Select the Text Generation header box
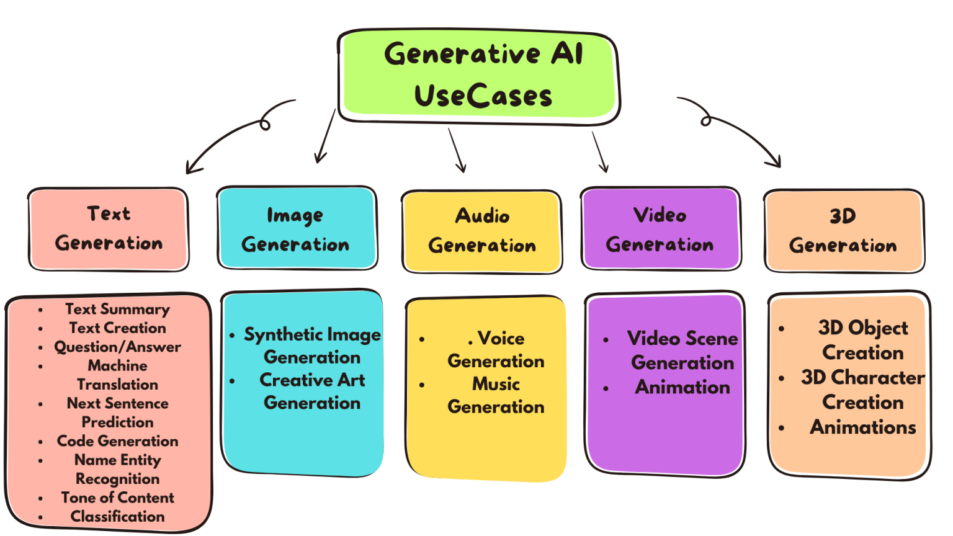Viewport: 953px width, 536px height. coord(109,229)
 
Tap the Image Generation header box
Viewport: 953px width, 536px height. coord(297,229)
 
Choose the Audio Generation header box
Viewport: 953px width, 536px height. coord(481,231)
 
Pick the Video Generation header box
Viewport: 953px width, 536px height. coord(660,229)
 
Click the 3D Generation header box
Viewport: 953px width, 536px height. coord(843,231)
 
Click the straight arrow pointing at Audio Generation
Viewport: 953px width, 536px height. coord(457,150)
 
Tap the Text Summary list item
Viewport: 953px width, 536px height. coord(117,309)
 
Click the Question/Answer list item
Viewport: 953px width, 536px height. coord(117,347)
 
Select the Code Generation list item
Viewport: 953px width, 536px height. coord(117,441)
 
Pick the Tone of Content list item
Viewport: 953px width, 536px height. coord(117,498)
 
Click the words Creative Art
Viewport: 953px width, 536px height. coord(312,380)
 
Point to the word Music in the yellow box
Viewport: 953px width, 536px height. coord(496,384)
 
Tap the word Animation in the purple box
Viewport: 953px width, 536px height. coord(682,387)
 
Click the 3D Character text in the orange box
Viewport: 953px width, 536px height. coord(862,377)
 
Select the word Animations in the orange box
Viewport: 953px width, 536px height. coord(862,427)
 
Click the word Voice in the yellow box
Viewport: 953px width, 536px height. coord(501,339)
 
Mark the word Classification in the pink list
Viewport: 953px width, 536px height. coord(117,516)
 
